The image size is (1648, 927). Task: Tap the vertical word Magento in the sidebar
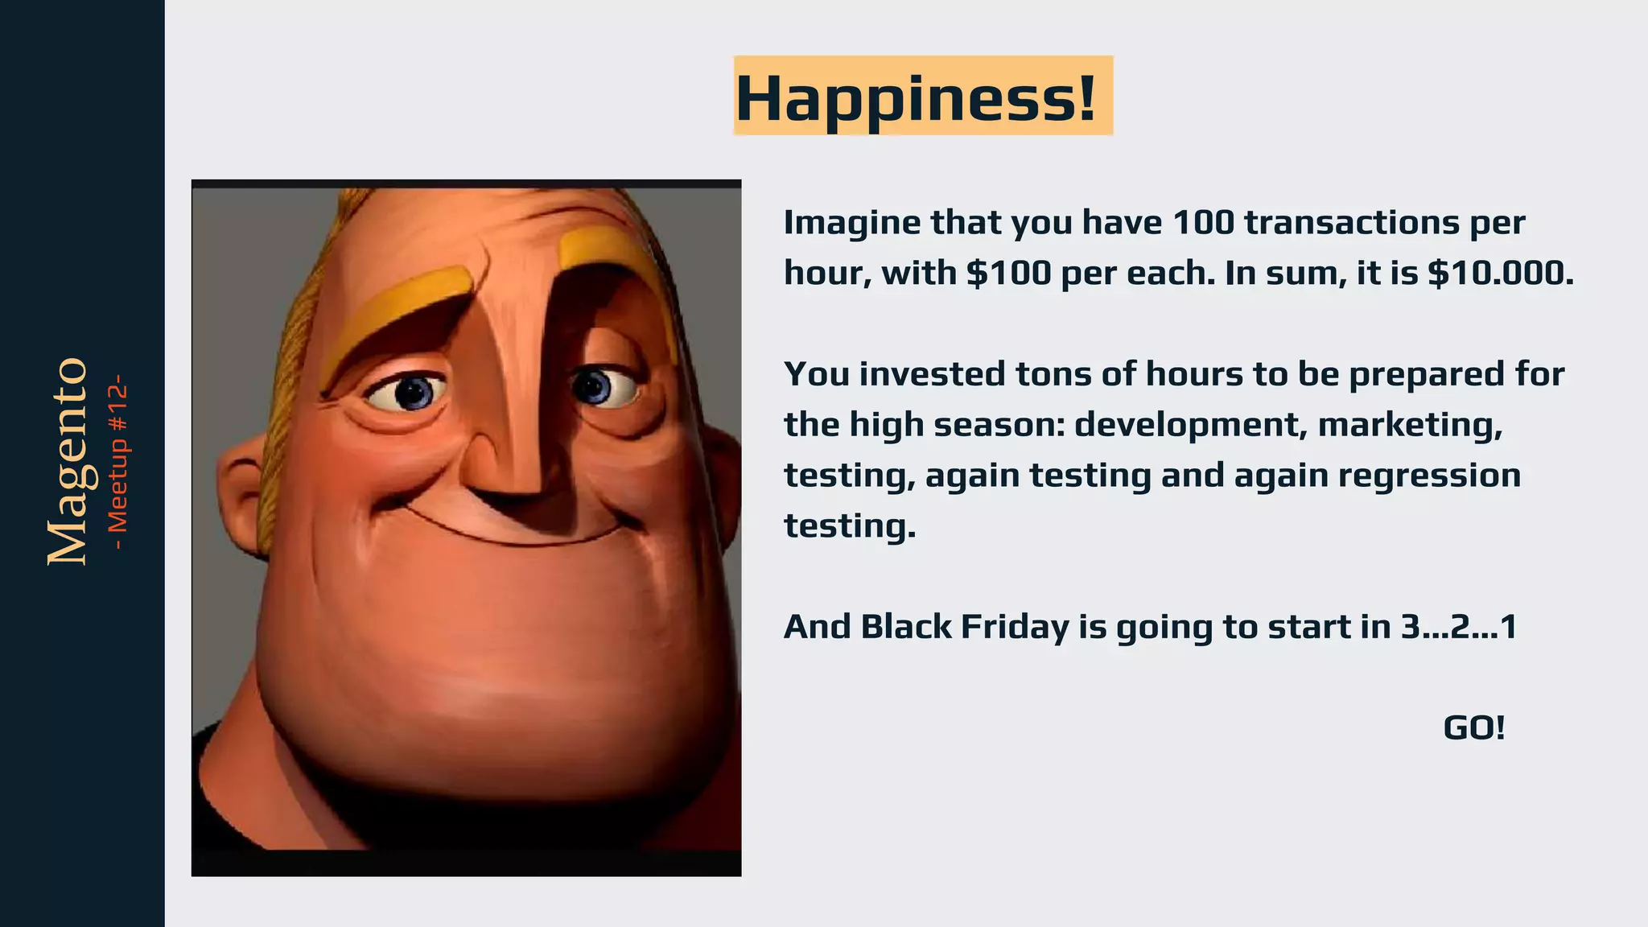[68, 462]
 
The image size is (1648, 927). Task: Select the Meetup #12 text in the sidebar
[118, 462]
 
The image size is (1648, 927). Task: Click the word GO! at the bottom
[1473, 728]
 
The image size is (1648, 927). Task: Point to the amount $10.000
[1500, 274]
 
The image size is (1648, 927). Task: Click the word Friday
[1015, 627]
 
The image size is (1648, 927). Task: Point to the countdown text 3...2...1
[1458, 627]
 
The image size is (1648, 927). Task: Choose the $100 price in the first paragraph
[1008, 274]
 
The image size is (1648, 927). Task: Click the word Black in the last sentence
[905, 627]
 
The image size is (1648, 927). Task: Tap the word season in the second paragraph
[998, 425]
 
